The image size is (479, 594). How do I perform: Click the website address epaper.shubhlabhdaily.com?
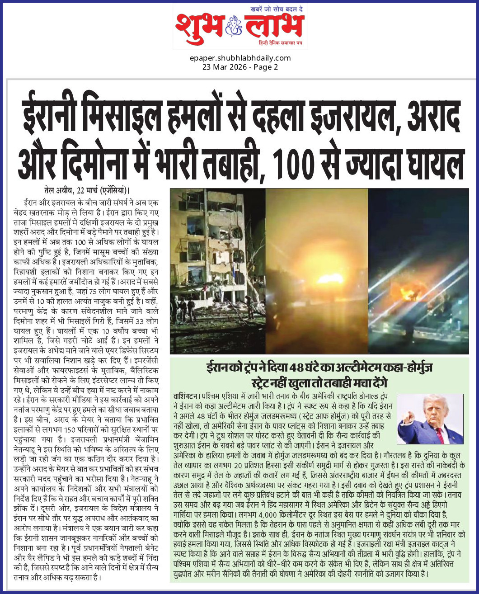point(240,58)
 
